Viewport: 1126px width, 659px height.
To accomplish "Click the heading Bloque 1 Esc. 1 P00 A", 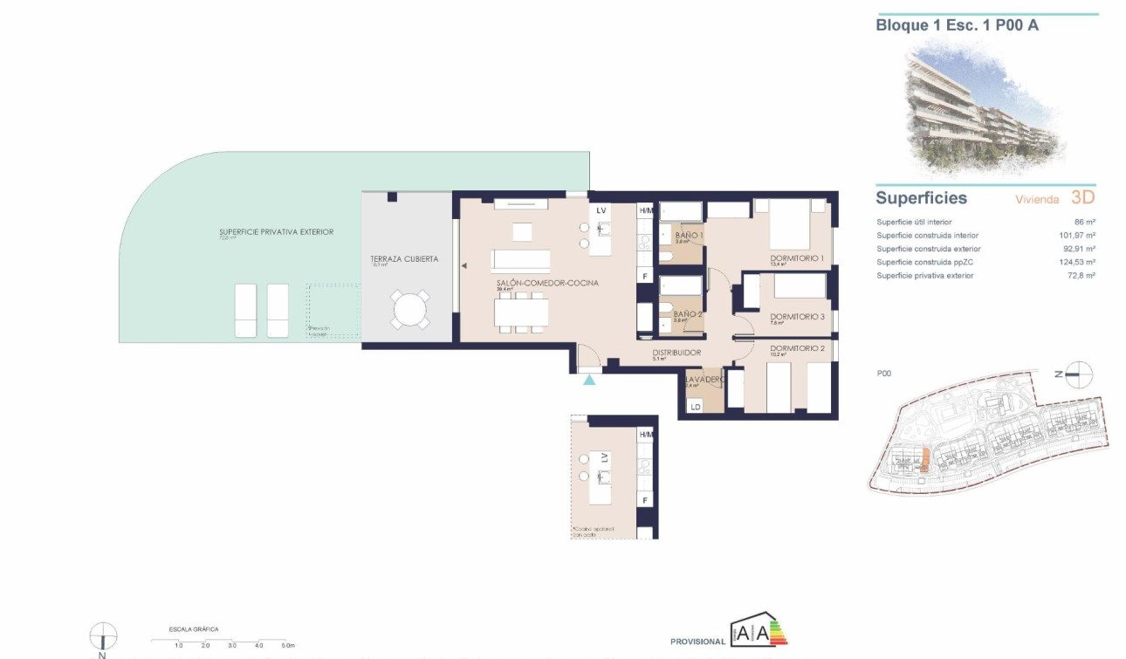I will click(x=957, y=25).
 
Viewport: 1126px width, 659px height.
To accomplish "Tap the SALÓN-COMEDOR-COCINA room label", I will click(x=546, y=284).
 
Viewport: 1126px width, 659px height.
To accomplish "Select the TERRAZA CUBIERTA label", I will click(x=404, y=259).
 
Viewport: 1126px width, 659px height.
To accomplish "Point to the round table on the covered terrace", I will click(x=409, y=310).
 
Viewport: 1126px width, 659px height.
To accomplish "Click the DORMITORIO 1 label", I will click(x=797, y=258).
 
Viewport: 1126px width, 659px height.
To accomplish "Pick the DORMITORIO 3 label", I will click(x=797, y=317).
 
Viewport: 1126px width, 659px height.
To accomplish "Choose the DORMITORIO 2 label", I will click(x=797, y=348).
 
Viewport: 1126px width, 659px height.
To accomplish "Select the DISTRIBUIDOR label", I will click(x=676, y=353).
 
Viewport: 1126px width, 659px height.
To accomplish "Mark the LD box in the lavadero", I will click(x=696, y=407).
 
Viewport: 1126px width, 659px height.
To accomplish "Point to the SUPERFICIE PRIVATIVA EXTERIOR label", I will click(x=276, y=232).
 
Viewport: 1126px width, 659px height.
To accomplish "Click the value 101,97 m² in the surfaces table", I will click(x=1077, y=236).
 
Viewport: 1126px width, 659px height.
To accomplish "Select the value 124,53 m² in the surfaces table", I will click(x=1077, y=262).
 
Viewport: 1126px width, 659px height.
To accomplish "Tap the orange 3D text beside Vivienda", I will click(x=1082, y=198).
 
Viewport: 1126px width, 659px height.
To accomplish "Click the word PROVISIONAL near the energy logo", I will click(x=697, y=642).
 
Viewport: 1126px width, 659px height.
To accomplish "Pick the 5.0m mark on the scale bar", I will click(x=288, y=645).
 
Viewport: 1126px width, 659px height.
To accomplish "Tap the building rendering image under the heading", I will click(x=985, y=105).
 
